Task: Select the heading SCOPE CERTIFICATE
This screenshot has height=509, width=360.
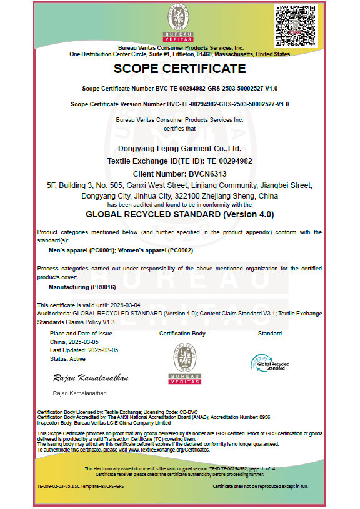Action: click(x=179, y=69)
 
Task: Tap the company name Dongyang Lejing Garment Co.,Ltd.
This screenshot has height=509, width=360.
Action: click(x=179, y=149)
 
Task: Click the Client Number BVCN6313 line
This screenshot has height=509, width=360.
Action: click(x=179, y=173)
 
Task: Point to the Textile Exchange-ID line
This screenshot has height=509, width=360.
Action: click(x=179, y=161)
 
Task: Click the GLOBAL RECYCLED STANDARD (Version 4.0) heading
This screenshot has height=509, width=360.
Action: click(x=179, y=214)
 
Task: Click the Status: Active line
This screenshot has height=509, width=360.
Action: click(x=67, y=359)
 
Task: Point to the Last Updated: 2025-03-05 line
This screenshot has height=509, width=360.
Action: click(x=82, y=350)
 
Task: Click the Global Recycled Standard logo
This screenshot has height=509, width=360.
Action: click(x=269, y=362)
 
